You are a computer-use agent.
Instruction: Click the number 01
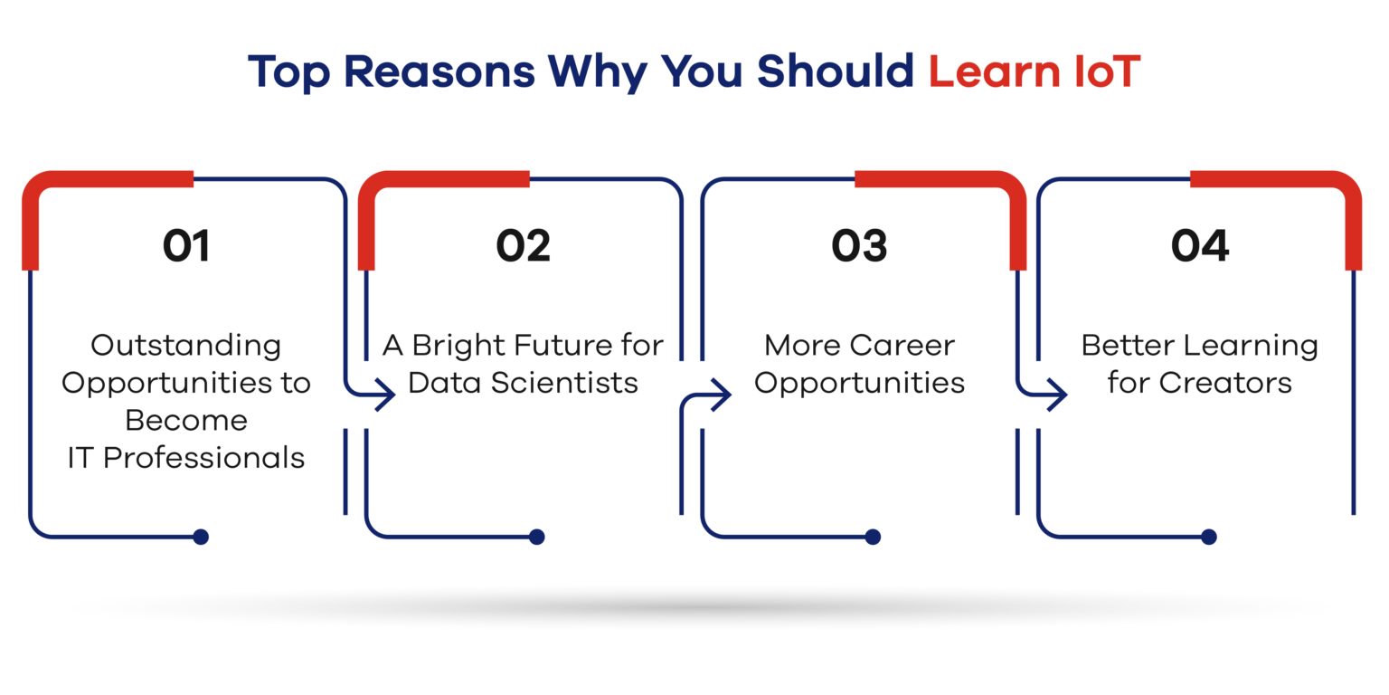[186, 246]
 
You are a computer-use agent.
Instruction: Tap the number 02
[523, 246]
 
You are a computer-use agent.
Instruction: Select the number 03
[859, 246]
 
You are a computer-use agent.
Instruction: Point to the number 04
[1199, 246]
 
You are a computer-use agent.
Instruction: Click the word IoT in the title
[1108, 71]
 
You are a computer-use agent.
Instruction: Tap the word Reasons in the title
[439, 71]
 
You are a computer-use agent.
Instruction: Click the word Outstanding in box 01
[186, 347]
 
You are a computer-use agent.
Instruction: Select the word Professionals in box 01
[204, 459]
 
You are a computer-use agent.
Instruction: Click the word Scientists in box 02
[564, 383]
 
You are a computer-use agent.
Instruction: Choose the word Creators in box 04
[1225, 383]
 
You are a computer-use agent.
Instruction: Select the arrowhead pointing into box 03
[721, 394]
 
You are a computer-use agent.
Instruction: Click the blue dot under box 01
[200, 537]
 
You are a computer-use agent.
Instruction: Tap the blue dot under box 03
[873, 537]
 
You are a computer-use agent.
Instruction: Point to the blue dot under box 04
[1208, 537]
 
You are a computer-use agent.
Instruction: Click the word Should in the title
[836, 71]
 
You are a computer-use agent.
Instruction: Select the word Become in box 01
[186, 421]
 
